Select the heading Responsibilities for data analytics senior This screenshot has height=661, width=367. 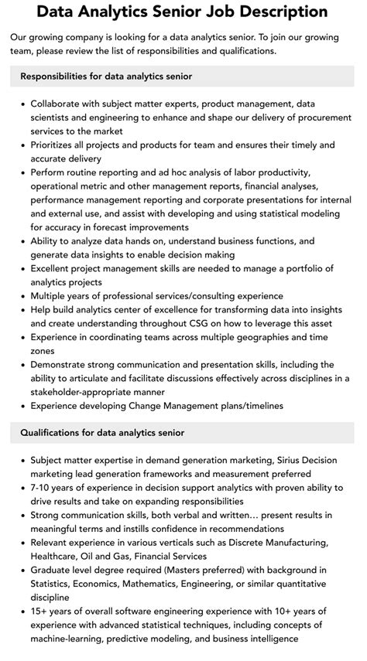pos(107,77)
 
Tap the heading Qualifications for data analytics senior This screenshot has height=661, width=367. pos(103,432)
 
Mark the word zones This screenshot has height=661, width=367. pos(45,350)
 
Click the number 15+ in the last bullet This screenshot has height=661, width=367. pos(40,612)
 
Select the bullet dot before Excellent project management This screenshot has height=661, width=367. pos(23,268)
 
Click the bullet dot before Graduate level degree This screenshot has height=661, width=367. pos(23,570)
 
